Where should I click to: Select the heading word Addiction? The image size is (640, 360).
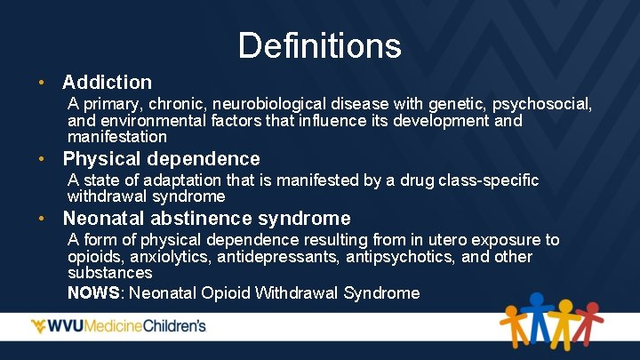(108, 83)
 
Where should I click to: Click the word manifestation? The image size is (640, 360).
(117, 137)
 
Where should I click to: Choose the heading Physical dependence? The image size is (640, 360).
(161, 159)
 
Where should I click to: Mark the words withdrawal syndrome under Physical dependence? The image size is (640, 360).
(147, 196)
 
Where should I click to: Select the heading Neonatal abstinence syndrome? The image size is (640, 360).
(206, 218)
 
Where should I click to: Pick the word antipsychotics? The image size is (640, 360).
(388, 257)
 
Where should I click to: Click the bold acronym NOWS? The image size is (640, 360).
(92, 292)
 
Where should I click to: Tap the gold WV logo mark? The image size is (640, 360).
(43, 326)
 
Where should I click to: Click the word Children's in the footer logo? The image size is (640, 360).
(174, 326)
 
